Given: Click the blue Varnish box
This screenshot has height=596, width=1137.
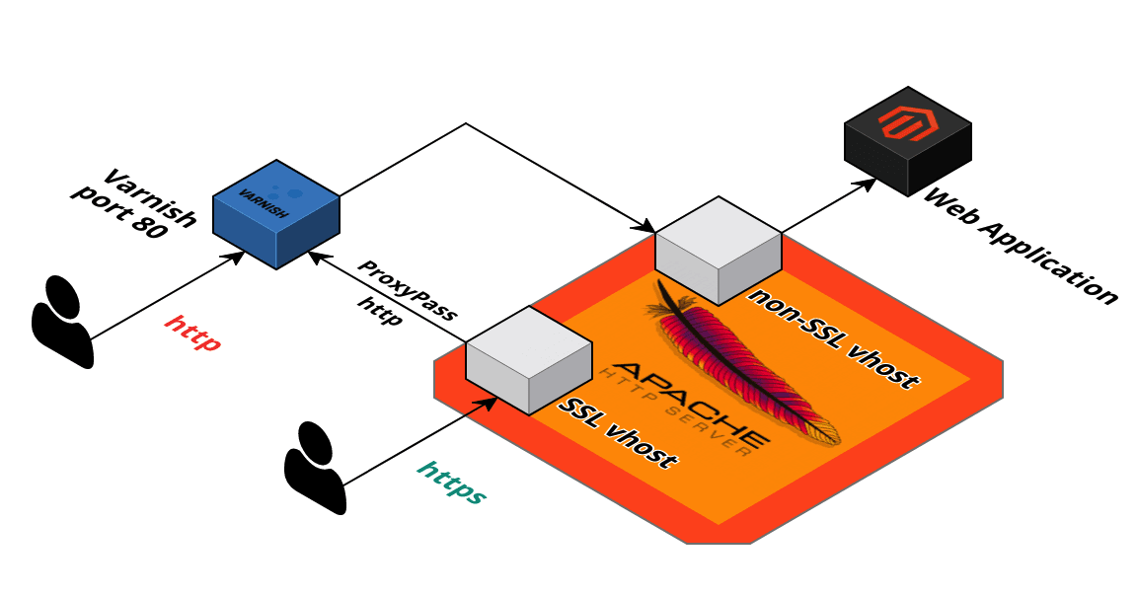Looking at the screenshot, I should tap(276, 214).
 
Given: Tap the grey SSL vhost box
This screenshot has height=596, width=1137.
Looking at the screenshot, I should tap(528, 359).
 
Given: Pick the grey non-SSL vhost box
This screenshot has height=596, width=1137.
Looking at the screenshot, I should tap(719, 249).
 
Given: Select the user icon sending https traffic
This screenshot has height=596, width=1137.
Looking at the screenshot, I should tap(315, 468).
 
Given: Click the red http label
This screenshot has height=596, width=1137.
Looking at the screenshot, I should tap(192, 333).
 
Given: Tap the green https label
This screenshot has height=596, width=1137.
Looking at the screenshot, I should tap(452, 482).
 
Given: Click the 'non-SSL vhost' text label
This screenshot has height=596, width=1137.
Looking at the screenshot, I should tap(835, 338).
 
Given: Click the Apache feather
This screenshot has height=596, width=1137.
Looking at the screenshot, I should tap(750, 365).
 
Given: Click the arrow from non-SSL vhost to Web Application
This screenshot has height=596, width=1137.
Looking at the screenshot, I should tap(829, 204).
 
